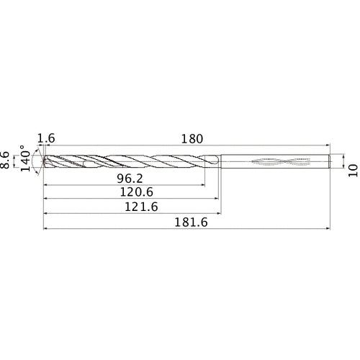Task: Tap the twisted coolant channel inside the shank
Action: [x=276, y=161]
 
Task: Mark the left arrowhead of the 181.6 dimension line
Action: [x=47, y=230]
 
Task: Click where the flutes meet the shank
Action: [x=218, y=161]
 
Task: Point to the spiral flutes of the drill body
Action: [x=130, y=161]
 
